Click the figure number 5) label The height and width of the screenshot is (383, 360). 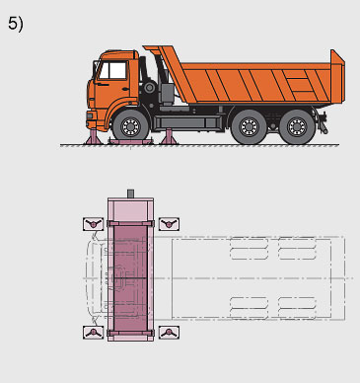pyautogui.click(x=16, y=24)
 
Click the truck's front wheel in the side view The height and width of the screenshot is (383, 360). pyautogui.click(x=131, y=126)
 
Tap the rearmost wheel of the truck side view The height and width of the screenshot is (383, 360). pyautogui.click(x=297, y=127)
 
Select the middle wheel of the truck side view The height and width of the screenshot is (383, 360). pyautogui.click(x=249, y=127)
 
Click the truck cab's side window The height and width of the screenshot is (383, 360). pyautogui.click(x=112, y=70)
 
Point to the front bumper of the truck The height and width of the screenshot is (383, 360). pyautogui.click(x=92, y=119)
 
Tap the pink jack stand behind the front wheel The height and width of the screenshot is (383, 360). pyautogui.click(x=169, y=137)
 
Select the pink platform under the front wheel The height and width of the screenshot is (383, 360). pyautogui.click(x=131, y=142)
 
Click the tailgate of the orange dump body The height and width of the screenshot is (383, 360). pyautogui.click(x=337, y=76)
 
